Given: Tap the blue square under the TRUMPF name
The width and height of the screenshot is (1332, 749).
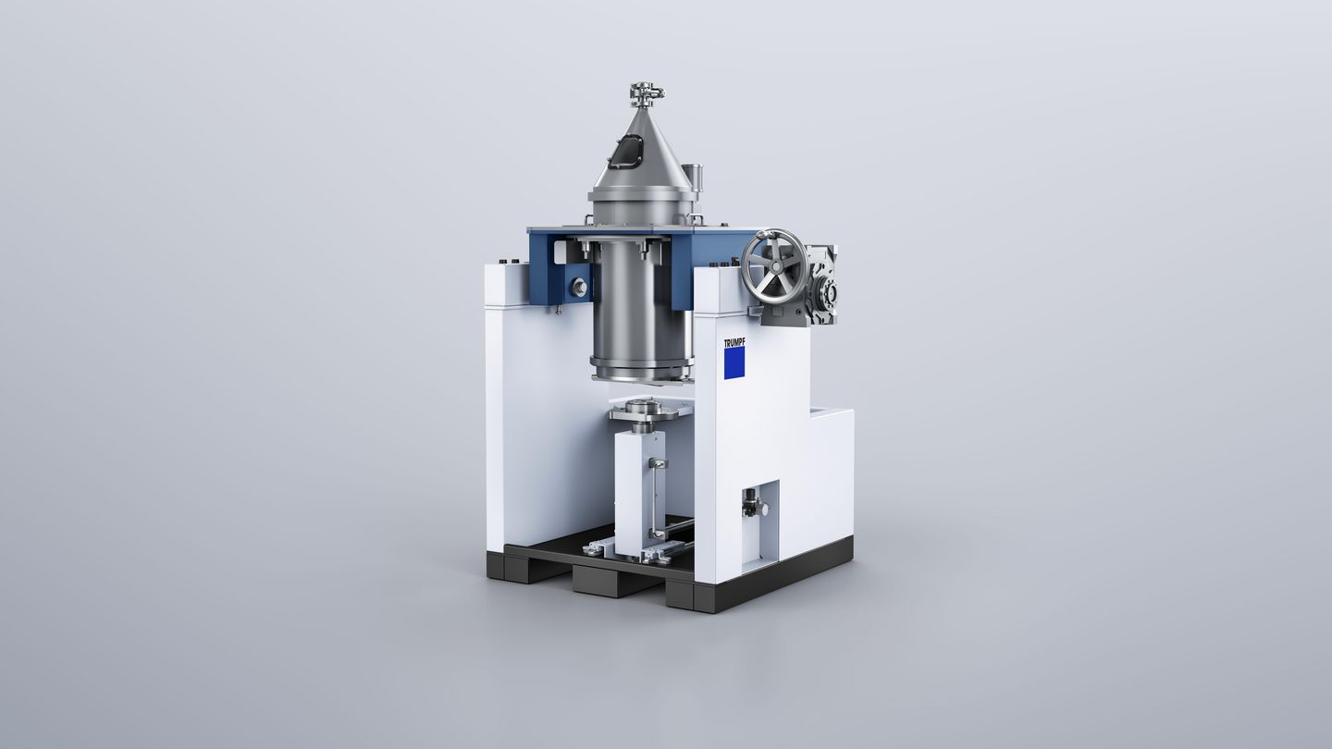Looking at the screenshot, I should click(734, 362).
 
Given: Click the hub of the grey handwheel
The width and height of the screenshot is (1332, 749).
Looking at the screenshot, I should click(775, 266).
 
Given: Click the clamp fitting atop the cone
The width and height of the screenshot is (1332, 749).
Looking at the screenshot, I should click(647, 92).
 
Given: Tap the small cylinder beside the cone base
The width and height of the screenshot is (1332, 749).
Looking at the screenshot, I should click(697, 175).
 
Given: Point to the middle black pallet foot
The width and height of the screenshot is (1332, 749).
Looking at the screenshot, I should click(606, 581).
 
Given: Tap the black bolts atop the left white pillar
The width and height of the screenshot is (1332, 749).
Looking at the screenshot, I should click(505, 264).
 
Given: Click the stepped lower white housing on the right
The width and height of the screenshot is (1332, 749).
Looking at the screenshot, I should click(828, 481).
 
